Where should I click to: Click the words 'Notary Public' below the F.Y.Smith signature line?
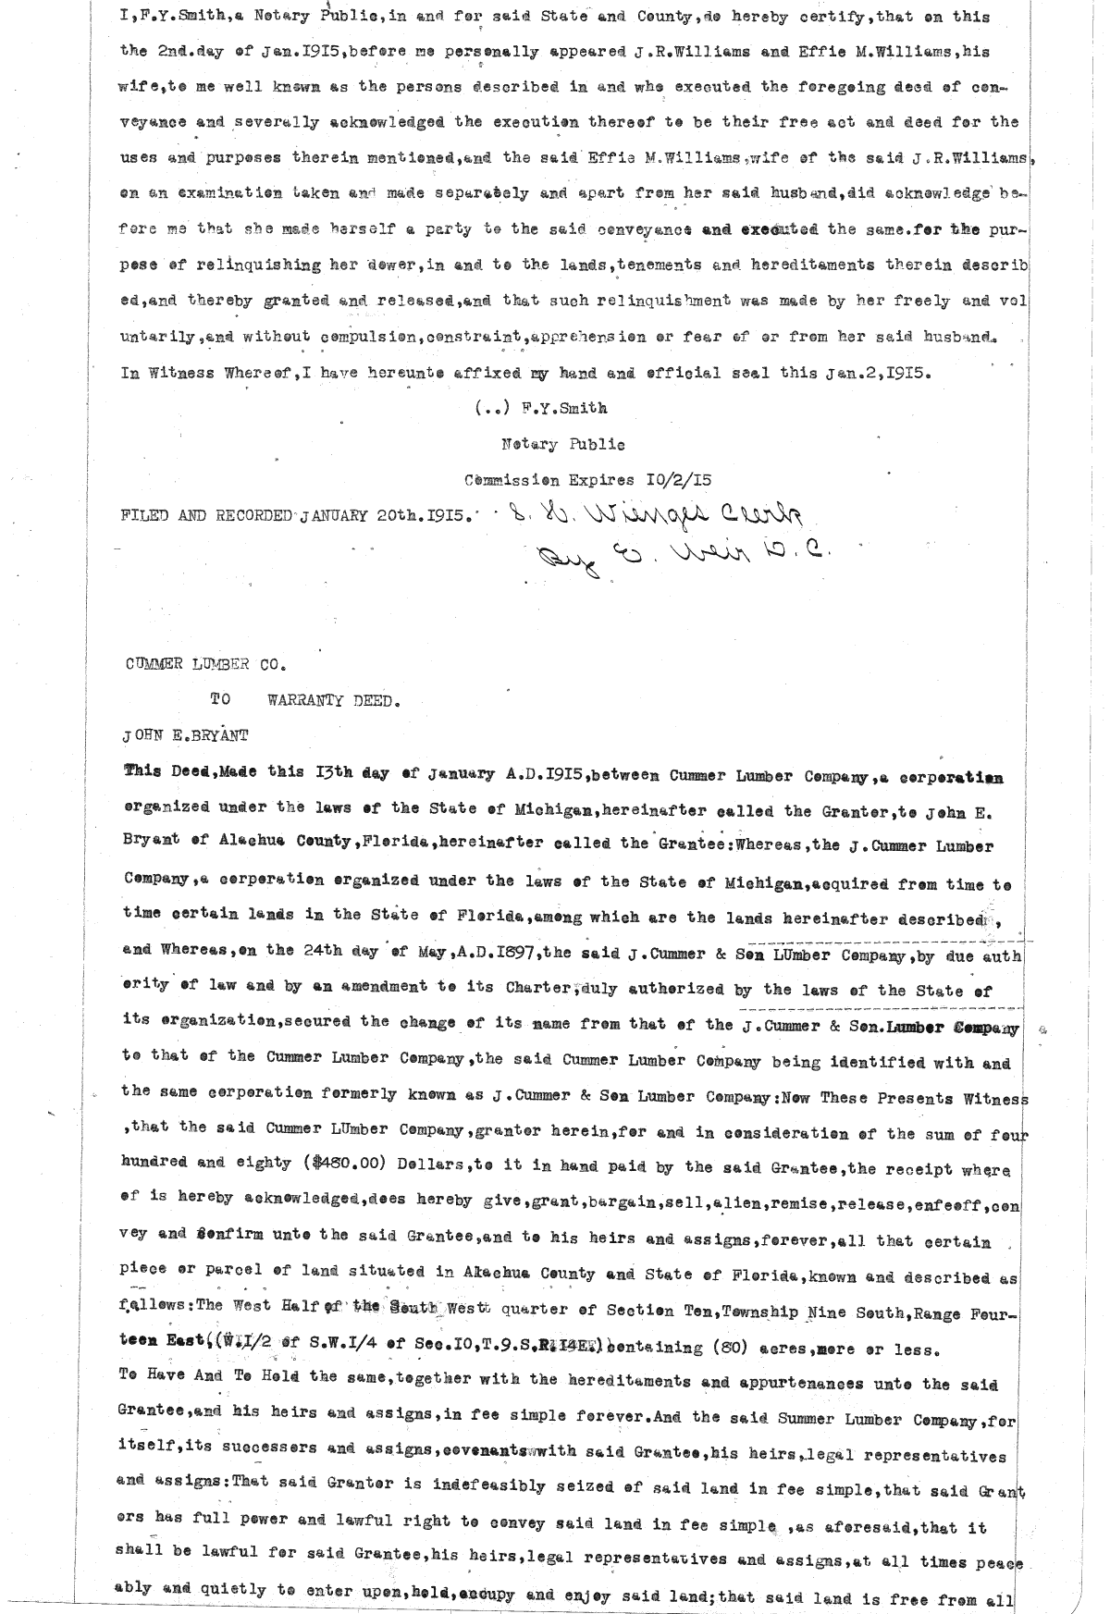click(562, 444)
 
